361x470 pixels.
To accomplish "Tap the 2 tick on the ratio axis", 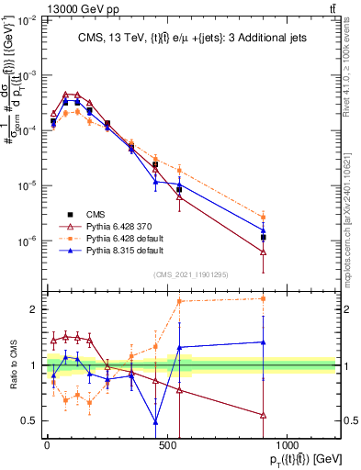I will click(x=33, y=309).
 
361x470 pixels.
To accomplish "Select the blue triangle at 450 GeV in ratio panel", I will click(x=155, y=421).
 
